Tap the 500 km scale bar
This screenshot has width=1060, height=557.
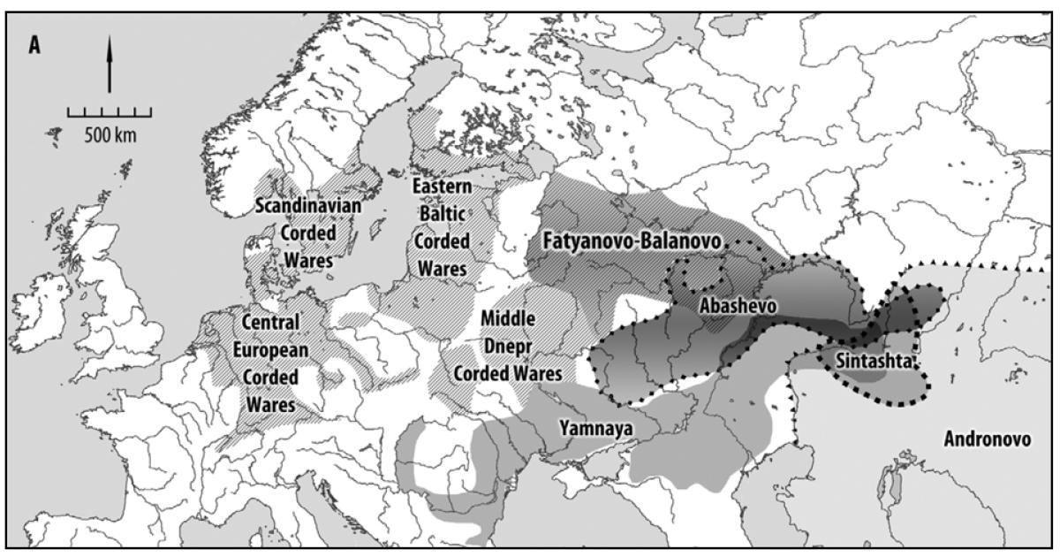(109, 113)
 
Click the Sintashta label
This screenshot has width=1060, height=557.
(870, 362)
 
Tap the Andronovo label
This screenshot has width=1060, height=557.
(987, 439)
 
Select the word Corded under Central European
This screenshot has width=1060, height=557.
(269, 378)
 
